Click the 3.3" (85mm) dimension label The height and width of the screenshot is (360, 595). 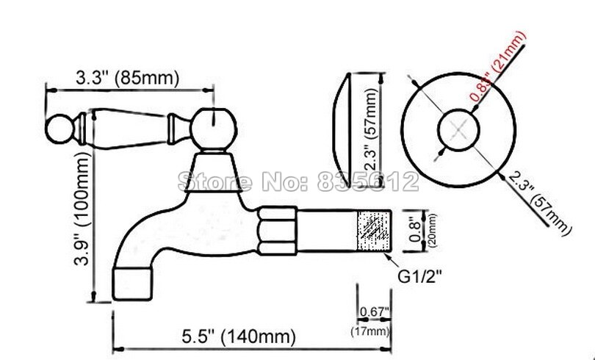(126, 76)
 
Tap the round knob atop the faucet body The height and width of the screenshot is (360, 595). (214, 126)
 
